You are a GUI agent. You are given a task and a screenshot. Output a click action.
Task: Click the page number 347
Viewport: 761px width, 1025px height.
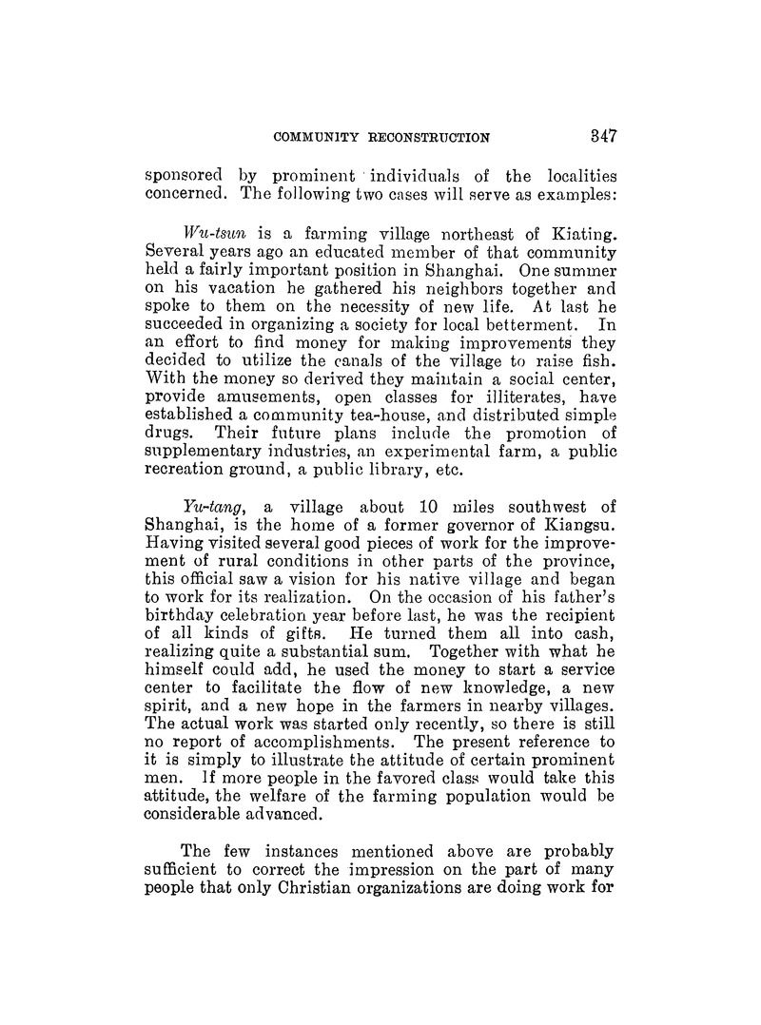click(602, 135)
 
